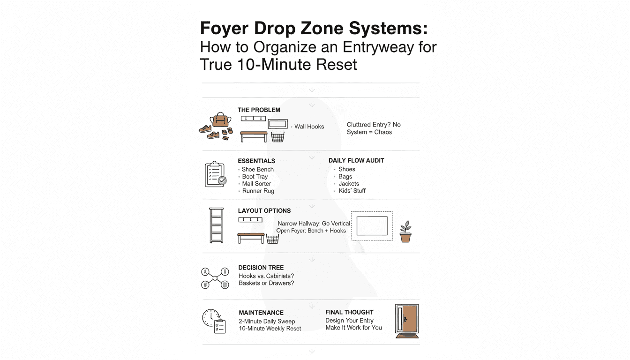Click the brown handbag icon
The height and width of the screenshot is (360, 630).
pyautogui.click(x=219, y=120)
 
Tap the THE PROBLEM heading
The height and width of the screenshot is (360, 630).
pyautogui.click(x=259, y=110)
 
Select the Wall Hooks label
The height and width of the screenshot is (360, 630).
pyautogui.click(x=309, y=127)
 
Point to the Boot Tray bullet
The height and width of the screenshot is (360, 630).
pyautogui.click(x=255, y=177)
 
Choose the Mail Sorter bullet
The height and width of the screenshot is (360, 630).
pyautogui.click(x=256, y=184)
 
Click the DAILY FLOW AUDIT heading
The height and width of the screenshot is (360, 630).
pyautogui.click(x=356, y=160)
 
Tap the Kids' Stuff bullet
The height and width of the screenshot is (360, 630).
pyautogui.click(x=352, y=191)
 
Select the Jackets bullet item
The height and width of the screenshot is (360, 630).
pyautogui.click(x=349, y=184)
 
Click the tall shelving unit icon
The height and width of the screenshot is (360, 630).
pyautogui.click(x=216, y=225)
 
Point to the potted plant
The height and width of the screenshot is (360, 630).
pyautogui.click(x=405, y=232)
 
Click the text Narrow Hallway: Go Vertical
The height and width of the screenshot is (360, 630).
pyautogui.click(x=314, y=224)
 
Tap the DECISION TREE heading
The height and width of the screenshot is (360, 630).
pyautogui.click(x=261, y=268)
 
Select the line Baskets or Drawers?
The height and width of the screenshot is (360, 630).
pyautogui.click(x=266, y=283)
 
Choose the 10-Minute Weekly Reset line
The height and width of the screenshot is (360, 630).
pyautogui.click(x=270, y=329)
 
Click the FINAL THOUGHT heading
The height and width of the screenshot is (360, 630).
pyautogui.click(x=349, y=312)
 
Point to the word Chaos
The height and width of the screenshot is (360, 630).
pyautogui.click(x=383, y=132)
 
